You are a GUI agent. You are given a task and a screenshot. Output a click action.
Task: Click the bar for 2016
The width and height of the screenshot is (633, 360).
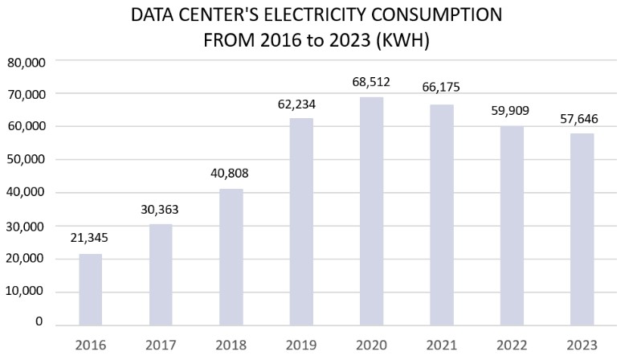click(90, 289)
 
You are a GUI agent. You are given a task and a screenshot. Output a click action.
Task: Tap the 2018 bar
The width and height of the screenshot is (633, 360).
click(231, 257)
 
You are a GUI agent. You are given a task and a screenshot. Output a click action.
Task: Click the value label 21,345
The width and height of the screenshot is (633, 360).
click(90, 239)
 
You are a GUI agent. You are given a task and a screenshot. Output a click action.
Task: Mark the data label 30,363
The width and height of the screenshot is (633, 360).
click(161, 210)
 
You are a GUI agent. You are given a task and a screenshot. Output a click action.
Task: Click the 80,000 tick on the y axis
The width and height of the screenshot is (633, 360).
click(27, 61)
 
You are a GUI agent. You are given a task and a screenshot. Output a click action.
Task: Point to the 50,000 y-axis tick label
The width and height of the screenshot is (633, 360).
click(27, 160)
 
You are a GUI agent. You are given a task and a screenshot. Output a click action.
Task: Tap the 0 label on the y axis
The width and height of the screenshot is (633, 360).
click(39, 322)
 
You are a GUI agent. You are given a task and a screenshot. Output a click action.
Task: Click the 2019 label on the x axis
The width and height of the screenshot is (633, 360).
click(301, 346)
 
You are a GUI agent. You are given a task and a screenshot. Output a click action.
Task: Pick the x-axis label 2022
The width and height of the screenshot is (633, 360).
click(513, 346)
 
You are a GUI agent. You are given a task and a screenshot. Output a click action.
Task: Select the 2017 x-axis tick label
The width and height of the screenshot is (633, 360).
click(161, 346)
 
